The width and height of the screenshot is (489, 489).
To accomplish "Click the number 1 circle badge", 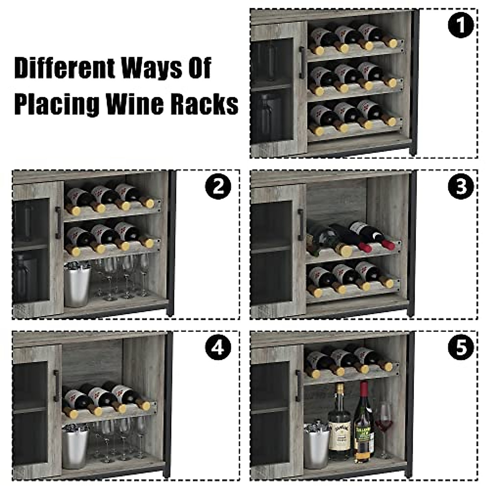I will pos(461,26).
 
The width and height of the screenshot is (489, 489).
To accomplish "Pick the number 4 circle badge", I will pos(219,347).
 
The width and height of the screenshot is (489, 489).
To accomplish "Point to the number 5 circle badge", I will pos(461,347).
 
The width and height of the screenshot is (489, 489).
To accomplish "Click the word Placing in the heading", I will pos(57,104).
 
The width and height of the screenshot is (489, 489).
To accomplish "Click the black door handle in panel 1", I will pos(302,63).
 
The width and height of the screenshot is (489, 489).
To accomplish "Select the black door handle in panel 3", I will pos(301,225).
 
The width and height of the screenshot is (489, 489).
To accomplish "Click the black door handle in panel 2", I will pos(58,222).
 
